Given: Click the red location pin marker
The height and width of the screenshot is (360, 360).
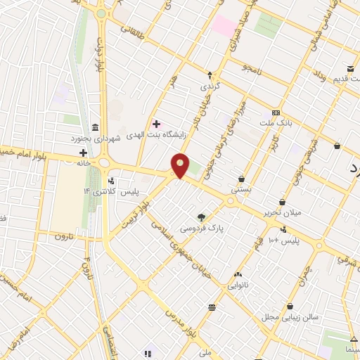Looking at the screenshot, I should point(181,165).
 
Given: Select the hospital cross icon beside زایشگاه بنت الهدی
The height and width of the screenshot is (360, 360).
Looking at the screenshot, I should point(156,124).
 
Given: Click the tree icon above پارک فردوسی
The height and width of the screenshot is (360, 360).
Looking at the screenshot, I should point(202,217).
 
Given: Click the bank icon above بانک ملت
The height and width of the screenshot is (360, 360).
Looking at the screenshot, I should point(276,112).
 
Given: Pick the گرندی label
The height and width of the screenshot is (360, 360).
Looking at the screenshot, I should point(210,86).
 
